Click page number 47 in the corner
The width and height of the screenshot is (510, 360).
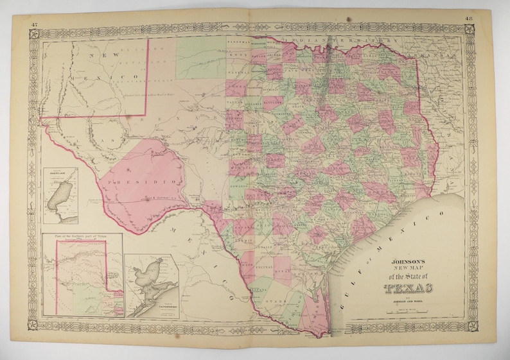pos(33,24)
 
